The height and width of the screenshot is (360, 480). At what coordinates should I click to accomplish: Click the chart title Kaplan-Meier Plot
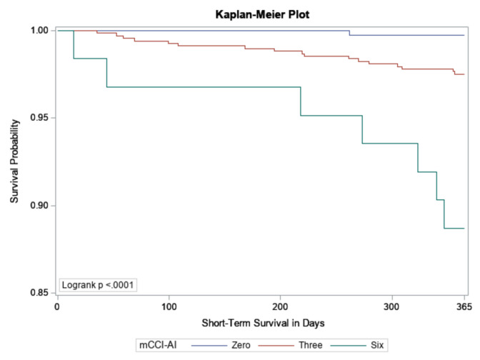(x=262, y=14)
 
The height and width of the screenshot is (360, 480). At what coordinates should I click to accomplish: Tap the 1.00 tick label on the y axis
(x=39, y=30)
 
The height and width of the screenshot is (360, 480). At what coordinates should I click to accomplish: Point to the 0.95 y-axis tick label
(x=39, y=118)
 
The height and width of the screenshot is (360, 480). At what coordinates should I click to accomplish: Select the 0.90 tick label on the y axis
(x=39, y=206)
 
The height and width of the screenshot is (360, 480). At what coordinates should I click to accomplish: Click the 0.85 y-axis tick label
(x=39, y=293)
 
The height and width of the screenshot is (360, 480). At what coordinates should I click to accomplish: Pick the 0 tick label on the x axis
(x=57, y=306)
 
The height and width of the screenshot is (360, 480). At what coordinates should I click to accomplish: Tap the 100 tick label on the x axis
(x=169, y=306)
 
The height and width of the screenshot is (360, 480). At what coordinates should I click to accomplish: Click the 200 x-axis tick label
(x=281, y=306)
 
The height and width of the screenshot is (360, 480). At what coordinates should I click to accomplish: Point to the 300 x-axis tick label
(x=392, y=306)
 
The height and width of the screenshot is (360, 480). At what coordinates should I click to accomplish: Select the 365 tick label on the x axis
(x=464, y=306)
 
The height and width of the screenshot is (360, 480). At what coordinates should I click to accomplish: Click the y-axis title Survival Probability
(x=14, y=161)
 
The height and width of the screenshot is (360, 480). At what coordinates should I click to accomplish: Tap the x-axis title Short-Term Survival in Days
(x=263, y=323)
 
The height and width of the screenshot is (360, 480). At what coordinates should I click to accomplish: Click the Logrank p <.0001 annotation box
(x=98, y=285)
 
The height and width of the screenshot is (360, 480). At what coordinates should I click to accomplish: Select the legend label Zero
(x=241, y=345)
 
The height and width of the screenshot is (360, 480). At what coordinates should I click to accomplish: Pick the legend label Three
(x=311, y=345)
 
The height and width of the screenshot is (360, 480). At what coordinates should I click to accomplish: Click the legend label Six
(x=377, y=345)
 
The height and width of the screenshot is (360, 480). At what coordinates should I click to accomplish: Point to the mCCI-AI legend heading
(x=158, y=345)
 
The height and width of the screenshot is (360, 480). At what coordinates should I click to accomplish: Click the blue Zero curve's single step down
(x=349, y=33)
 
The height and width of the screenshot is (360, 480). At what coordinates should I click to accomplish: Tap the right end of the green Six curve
(x=464, y=229)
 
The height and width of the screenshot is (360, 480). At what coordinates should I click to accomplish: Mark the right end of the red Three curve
(x=464, y=74)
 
